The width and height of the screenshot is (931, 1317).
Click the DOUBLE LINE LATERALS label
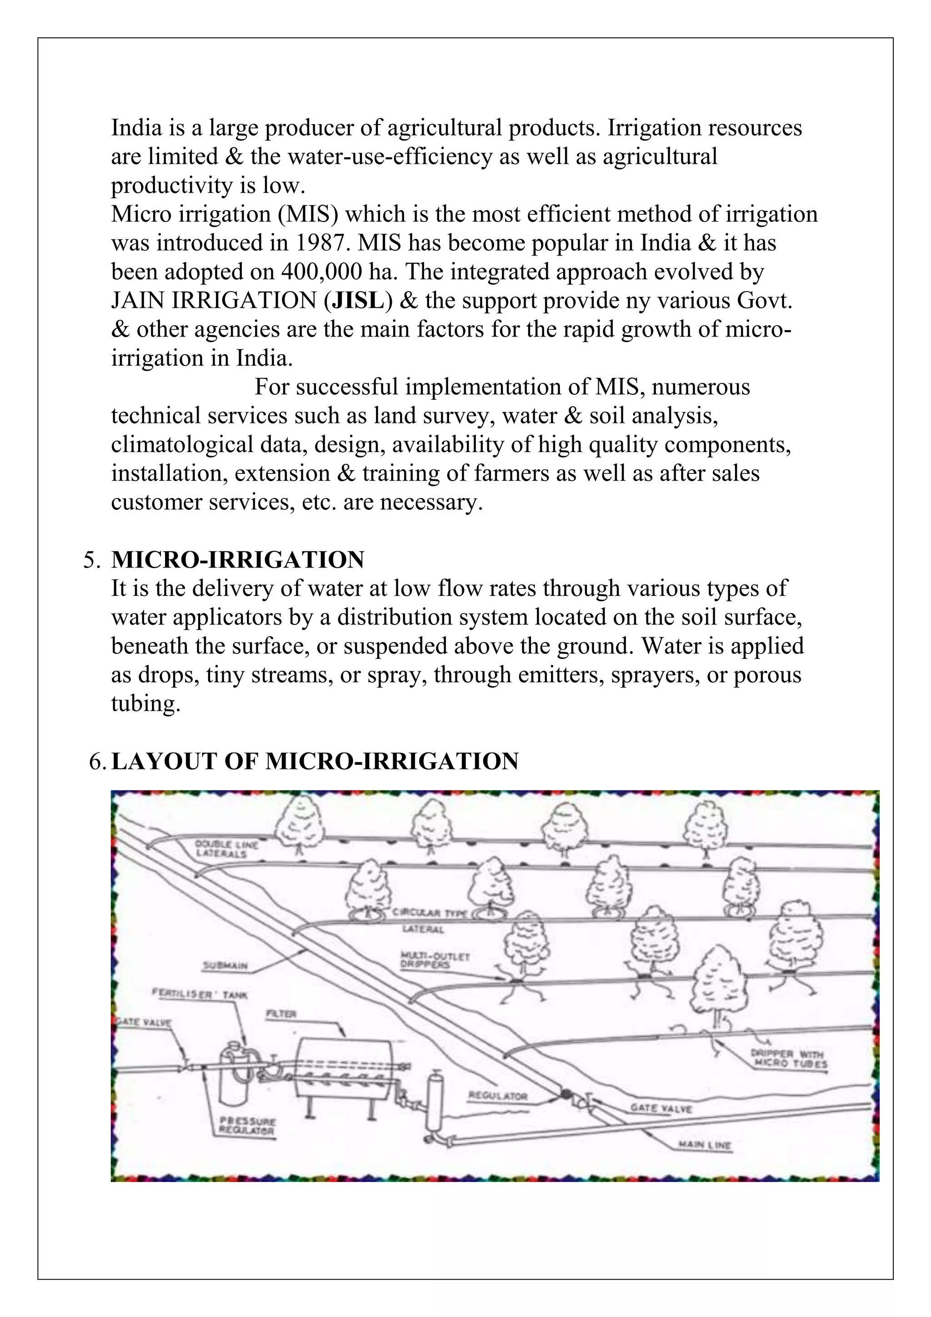226,849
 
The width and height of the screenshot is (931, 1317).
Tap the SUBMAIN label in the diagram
225,966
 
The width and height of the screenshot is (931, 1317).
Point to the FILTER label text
281,1014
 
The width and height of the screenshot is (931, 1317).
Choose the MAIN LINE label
705,1146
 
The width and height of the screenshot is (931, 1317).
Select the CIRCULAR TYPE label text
430,913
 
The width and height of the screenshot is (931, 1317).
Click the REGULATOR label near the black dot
498,1096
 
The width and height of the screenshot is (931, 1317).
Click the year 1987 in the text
321,243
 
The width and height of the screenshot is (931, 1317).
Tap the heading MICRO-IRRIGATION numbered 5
237,560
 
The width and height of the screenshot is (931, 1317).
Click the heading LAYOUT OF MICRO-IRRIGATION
315,761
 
